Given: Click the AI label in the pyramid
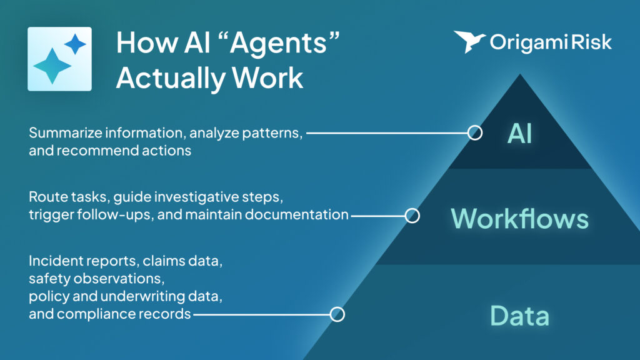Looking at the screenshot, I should tap(520, 132).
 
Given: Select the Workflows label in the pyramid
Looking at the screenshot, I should tap(520, 218).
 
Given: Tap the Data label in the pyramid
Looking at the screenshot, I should tap(520, 315).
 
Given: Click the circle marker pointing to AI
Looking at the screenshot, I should tap(475, 132).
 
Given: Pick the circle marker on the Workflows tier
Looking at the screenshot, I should tap(412, 216).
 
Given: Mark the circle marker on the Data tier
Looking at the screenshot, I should tap(337, 314).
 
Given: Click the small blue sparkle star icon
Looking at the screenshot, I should tap(75, 44).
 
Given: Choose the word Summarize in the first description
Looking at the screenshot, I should tap(59, 133).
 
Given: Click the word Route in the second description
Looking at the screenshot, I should tap(44, 198).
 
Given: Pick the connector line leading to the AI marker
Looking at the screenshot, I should tap(387, 132).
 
